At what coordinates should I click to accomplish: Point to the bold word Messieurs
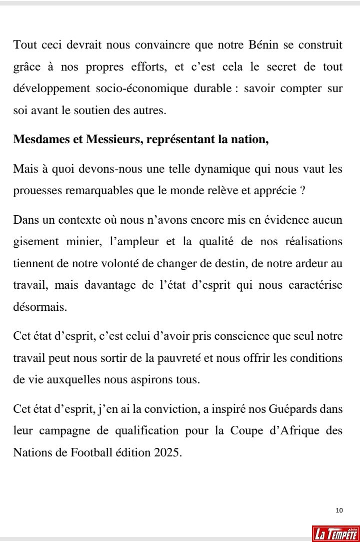102,139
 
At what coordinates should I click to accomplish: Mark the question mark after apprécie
303,191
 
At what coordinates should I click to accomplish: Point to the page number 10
339,510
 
